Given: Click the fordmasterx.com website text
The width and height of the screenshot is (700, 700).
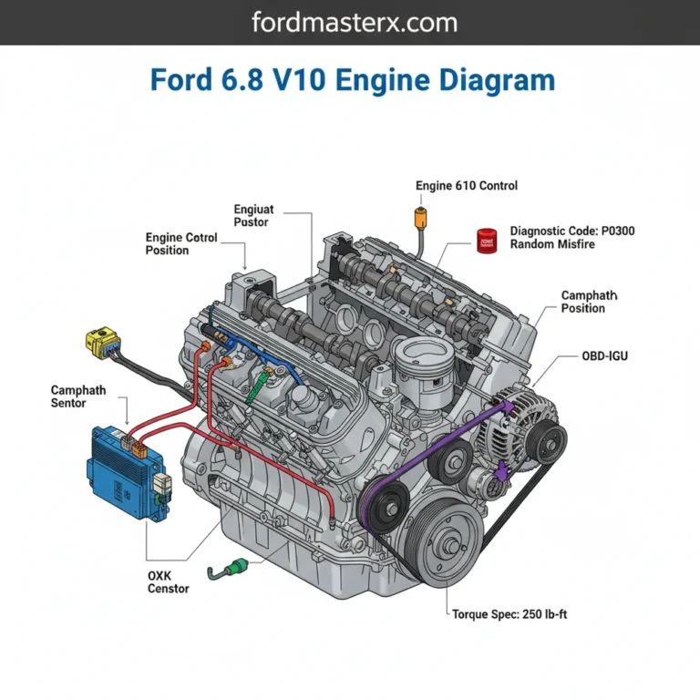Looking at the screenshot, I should (x=350, y=23).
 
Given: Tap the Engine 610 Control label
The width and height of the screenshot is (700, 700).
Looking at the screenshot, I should (x=466, y=186).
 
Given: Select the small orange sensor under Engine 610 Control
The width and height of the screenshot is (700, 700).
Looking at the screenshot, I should (x=421, y=218).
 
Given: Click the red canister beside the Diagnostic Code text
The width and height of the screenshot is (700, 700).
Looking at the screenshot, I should (x=487, y=240).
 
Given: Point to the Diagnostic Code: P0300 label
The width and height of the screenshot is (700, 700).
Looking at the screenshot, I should (x=572, y=232).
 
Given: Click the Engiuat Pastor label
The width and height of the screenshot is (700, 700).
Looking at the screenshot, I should (x=253, y=215).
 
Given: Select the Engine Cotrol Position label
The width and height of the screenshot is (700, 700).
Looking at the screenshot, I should (x=181, y=244).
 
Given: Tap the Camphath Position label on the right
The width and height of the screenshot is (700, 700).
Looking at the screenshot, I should (x=589, y=302).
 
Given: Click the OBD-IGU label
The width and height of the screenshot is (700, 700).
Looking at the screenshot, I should (x=604, y=355).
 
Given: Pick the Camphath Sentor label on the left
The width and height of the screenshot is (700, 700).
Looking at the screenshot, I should (x=78, y=396).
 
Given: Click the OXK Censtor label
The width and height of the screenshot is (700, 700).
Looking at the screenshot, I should (x=168, y=582).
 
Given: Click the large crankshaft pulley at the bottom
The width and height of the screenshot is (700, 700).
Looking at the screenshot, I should (x=448, y=546).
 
